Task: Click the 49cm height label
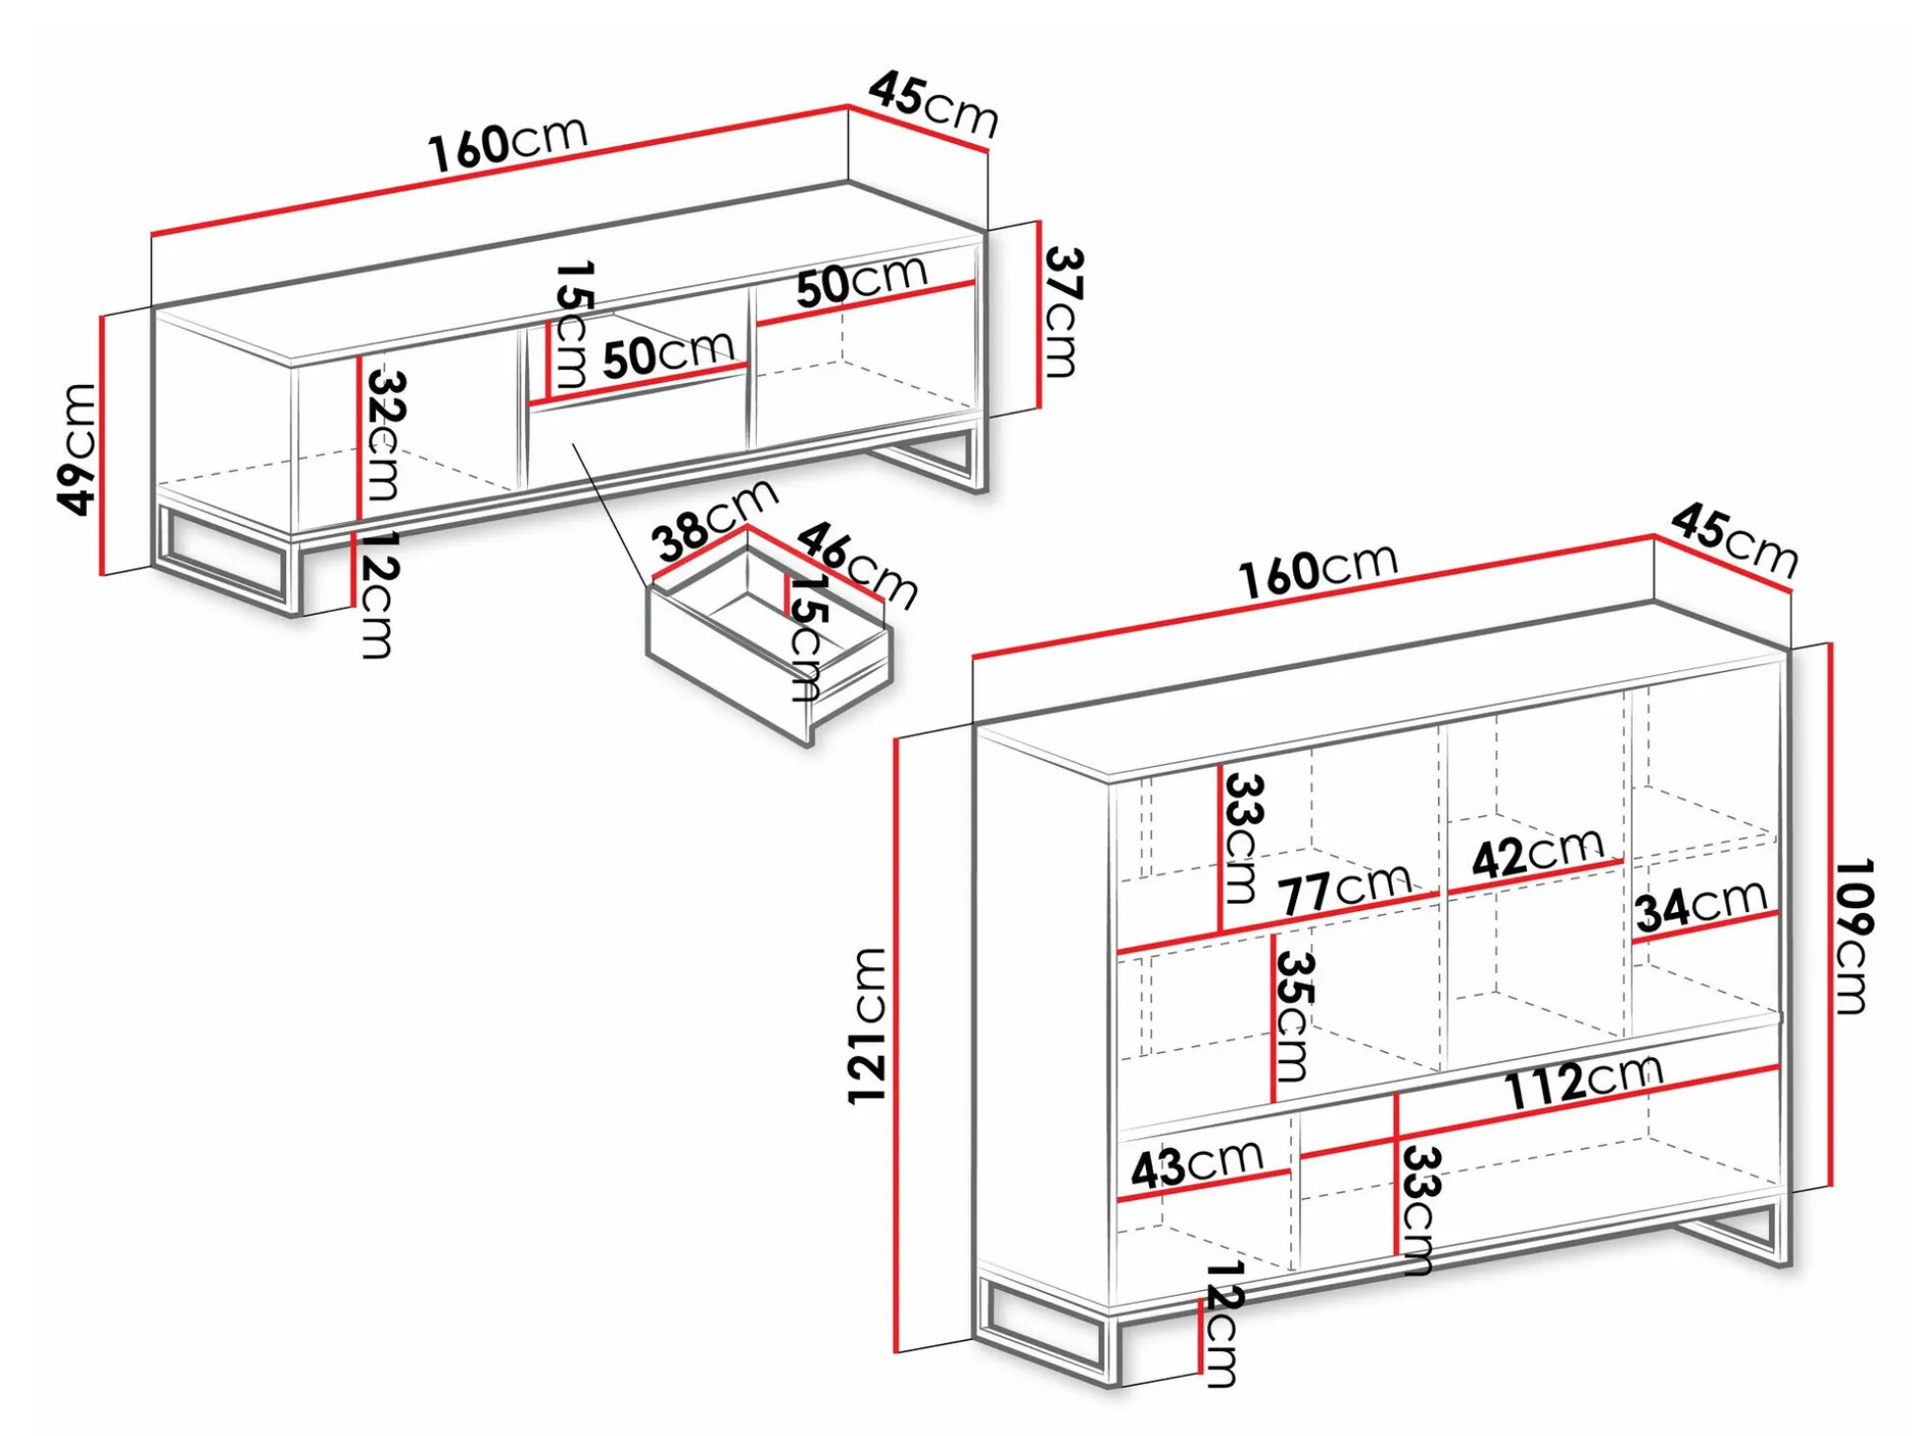tap(78, 449)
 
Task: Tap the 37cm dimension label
tap(1063, 312)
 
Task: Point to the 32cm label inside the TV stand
tap(385, 434)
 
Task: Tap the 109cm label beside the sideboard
tap(1853, 936)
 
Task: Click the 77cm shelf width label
tap(1345, 889)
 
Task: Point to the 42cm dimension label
tap(1537, 852)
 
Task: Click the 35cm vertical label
tap(1293, 1016)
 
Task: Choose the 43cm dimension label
tap(1196, 1165)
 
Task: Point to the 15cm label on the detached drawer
tap(806, 638)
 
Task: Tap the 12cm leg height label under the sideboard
tap(1221, 1323)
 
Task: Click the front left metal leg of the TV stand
tap(228, 562)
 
